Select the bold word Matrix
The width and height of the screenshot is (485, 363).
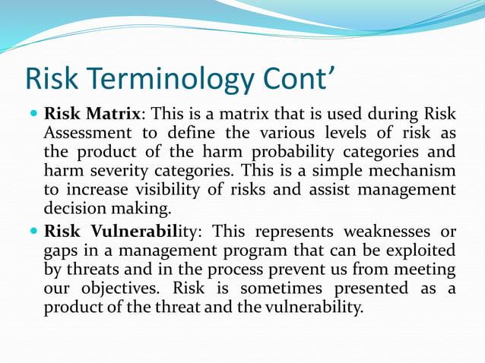(113, 115)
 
